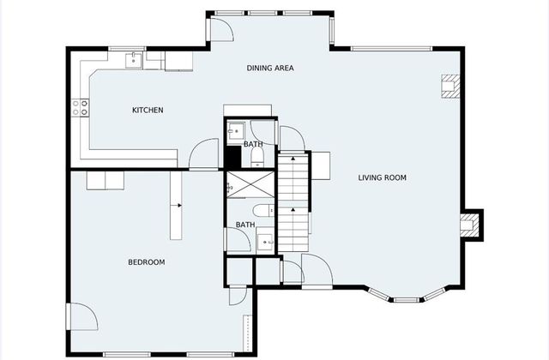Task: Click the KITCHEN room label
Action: [148, 110]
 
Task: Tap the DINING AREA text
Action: [270, 68]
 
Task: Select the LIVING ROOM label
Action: [382, 177]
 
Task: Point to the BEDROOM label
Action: [147, 261]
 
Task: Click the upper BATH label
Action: [253, 144]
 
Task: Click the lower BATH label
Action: [245, 225]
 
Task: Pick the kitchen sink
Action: [134, 59]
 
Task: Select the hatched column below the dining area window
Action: [449, 86]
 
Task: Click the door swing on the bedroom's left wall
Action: [82, 318]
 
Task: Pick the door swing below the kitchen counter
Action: [204, 153]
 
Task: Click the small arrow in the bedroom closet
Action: [179, 206]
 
